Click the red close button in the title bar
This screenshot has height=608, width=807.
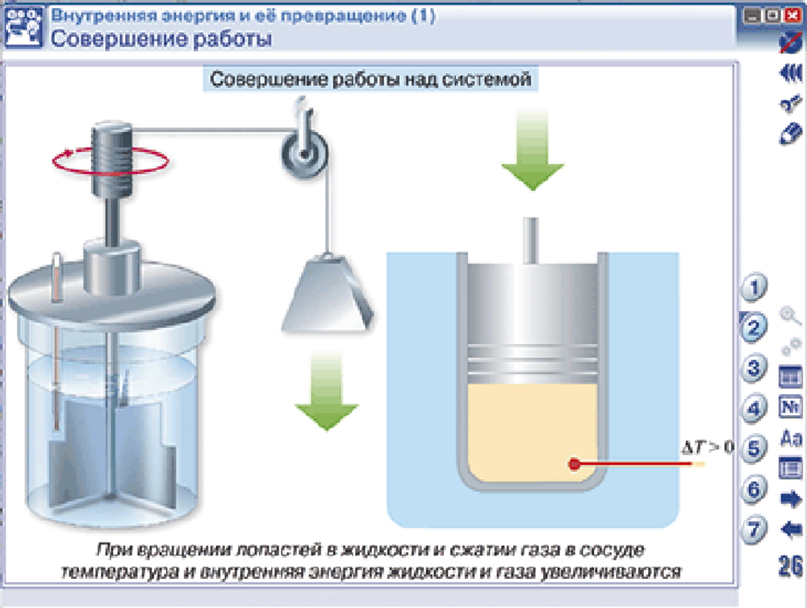point(792,15)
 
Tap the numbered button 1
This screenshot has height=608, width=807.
point(754,287)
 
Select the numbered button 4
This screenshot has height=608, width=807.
point(754,409)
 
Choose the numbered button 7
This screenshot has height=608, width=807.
point(754,529)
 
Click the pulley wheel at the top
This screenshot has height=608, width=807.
point(305,153)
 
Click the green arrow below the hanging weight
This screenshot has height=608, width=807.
point(326,390)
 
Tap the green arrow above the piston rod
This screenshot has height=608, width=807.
point(533,149)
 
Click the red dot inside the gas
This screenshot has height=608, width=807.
point(575,463)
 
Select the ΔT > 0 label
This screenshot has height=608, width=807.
point(707,447)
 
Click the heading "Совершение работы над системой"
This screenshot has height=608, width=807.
point(370,79)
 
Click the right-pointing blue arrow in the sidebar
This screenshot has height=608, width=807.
point(791,498)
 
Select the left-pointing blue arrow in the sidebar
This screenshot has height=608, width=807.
point(791,529)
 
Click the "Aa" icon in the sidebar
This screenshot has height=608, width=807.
point(791,438)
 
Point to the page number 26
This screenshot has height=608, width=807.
point(791,565)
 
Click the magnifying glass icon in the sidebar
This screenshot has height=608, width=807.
point(790,315)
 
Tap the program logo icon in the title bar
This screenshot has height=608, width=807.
point(23,27)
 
